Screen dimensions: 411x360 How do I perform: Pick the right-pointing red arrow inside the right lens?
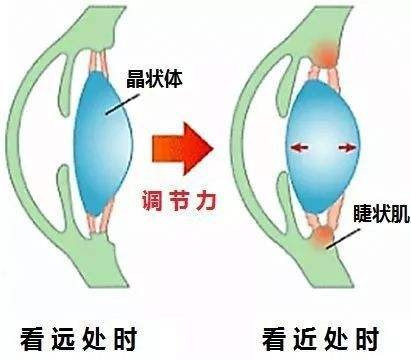(347, 148)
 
